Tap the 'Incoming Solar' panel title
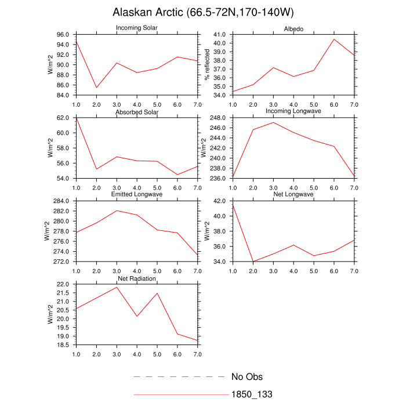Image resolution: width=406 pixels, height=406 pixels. click(x=137, y=28)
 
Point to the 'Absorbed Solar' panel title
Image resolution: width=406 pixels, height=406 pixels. click(x=137, y=111)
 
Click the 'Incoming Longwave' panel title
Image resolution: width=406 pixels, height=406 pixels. click(x=293, y=111)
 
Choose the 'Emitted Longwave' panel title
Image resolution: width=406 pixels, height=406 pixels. click(x=137, y=194)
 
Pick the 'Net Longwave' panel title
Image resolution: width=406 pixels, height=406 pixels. click(x=293, y=194)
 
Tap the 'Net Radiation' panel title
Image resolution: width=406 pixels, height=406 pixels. click(x=137, y=279)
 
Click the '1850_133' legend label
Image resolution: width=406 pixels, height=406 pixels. click(x=252, y=394)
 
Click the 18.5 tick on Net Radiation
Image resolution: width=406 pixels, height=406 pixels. click(x=64, y=345)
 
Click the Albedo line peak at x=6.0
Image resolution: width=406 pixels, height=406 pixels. click(x=334, y=39)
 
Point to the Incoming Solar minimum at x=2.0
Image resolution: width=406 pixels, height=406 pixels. click(x=96, y=88)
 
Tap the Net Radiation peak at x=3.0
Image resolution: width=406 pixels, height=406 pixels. click(x=117, y=287)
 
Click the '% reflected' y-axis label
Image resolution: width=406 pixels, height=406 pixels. click(x=207, y=65)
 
